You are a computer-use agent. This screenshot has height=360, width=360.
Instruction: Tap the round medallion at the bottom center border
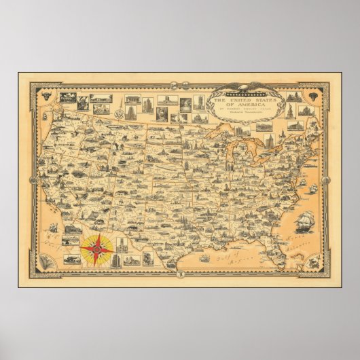click(x=181, y=274)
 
